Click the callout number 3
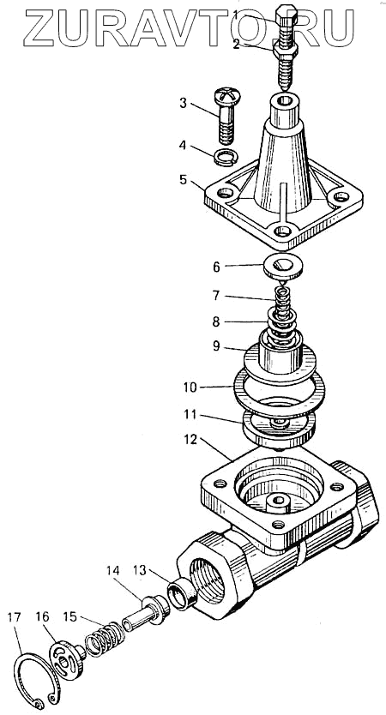click(183, 103)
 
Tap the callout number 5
click(183, 180)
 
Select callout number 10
click(190, 388)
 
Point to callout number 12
click(190, 440)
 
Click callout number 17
click(14, 618)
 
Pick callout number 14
click(112, 570)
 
